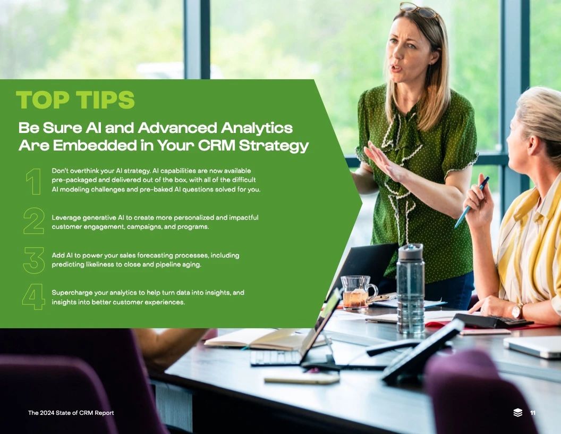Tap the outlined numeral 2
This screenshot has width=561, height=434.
point(34,221)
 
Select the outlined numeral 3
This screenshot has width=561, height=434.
point(34,260)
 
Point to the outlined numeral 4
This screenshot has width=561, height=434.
point(33,296)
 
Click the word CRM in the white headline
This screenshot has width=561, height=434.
point(216,145)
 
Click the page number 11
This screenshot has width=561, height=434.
point(533,413)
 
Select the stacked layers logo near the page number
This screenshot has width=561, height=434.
point(518,413)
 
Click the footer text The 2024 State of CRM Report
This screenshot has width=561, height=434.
point(71,413)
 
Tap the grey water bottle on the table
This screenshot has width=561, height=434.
point(410,288)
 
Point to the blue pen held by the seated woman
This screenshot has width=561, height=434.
point(472,202)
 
